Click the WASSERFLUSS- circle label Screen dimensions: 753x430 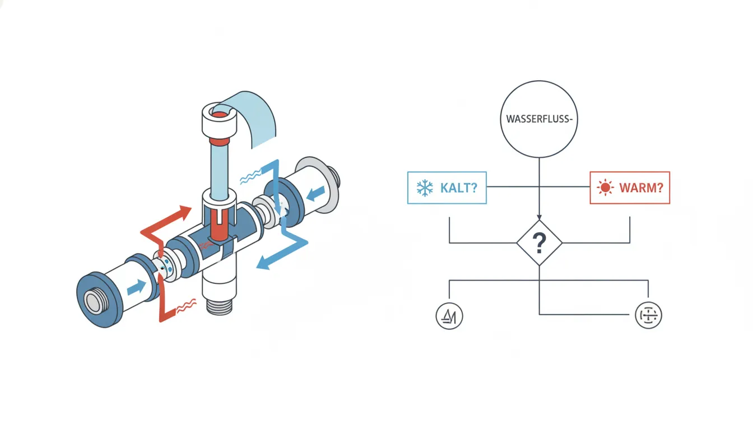tap(539, 119)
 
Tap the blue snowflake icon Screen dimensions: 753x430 tap(425, 188)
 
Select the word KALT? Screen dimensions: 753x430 tap(458, 188)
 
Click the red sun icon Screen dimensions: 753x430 tap(606, 188)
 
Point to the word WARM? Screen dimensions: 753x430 tap(642, 188)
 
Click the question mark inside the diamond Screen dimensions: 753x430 tap(539, 243)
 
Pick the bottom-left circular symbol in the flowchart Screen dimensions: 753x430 tap(449, 316)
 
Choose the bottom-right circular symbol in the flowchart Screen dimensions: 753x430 tap(648, 315)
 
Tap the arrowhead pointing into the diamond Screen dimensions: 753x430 tap(539, 217)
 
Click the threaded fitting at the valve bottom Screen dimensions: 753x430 tap(220, 307)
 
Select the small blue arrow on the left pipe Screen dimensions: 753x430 tap(137, 288)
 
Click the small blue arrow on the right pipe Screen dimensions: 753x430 tap(315, 194)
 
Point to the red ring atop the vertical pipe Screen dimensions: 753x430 tap(220, 141)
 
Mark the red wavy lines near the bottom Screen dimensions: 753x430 tap(186, 306)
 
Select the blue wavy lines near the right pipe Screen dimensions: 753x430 tap(251, 177)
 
